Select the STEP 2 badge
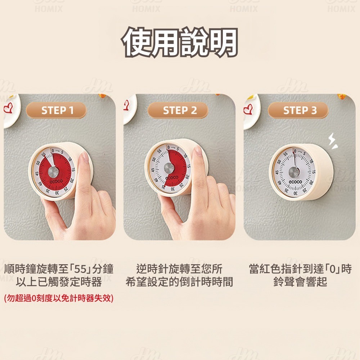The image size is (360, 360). pyautogui.click(x=178, y=110)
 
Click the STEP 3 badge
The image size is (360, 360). pyautogui.click(x=298, y=110)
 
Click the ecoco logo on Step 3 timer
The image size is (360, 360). pyautogui.click(x=294, y=182)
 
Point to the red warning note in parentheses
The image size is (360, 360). pyautogui.click(x=59, y=298)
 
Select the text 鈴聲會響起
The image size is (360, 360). pyautogui.click(x=300, y=282)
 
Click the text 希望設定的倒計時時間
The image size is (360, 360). pyautogui.click(x=179, y=282)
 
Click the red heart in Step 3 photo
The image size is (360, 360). pyautogui.click(x=248, y=108)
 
